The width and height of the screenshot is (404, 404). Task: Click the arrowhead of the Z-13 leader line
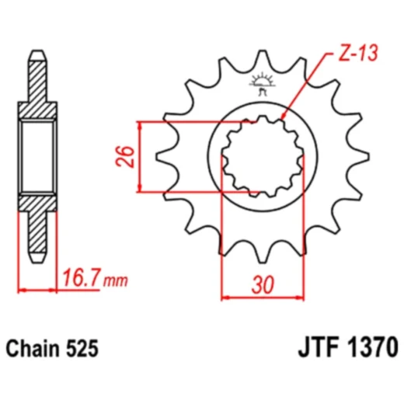tap(284, 117)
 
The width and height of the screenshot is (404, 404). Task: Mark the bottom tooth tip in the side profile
tap(38, 257)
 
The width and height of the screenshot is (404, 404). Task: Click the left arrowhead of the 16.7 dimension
tap(21, 290)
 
